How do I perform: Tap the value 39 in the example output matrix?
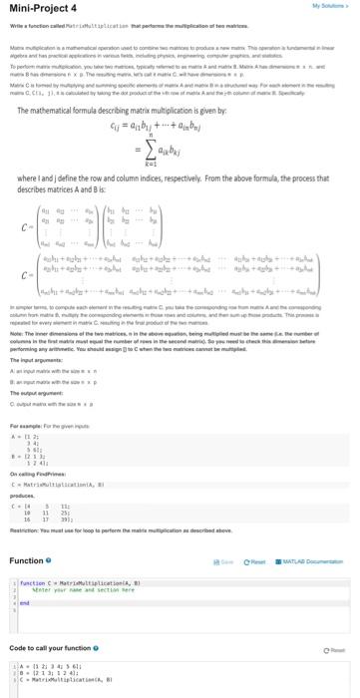62,530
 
